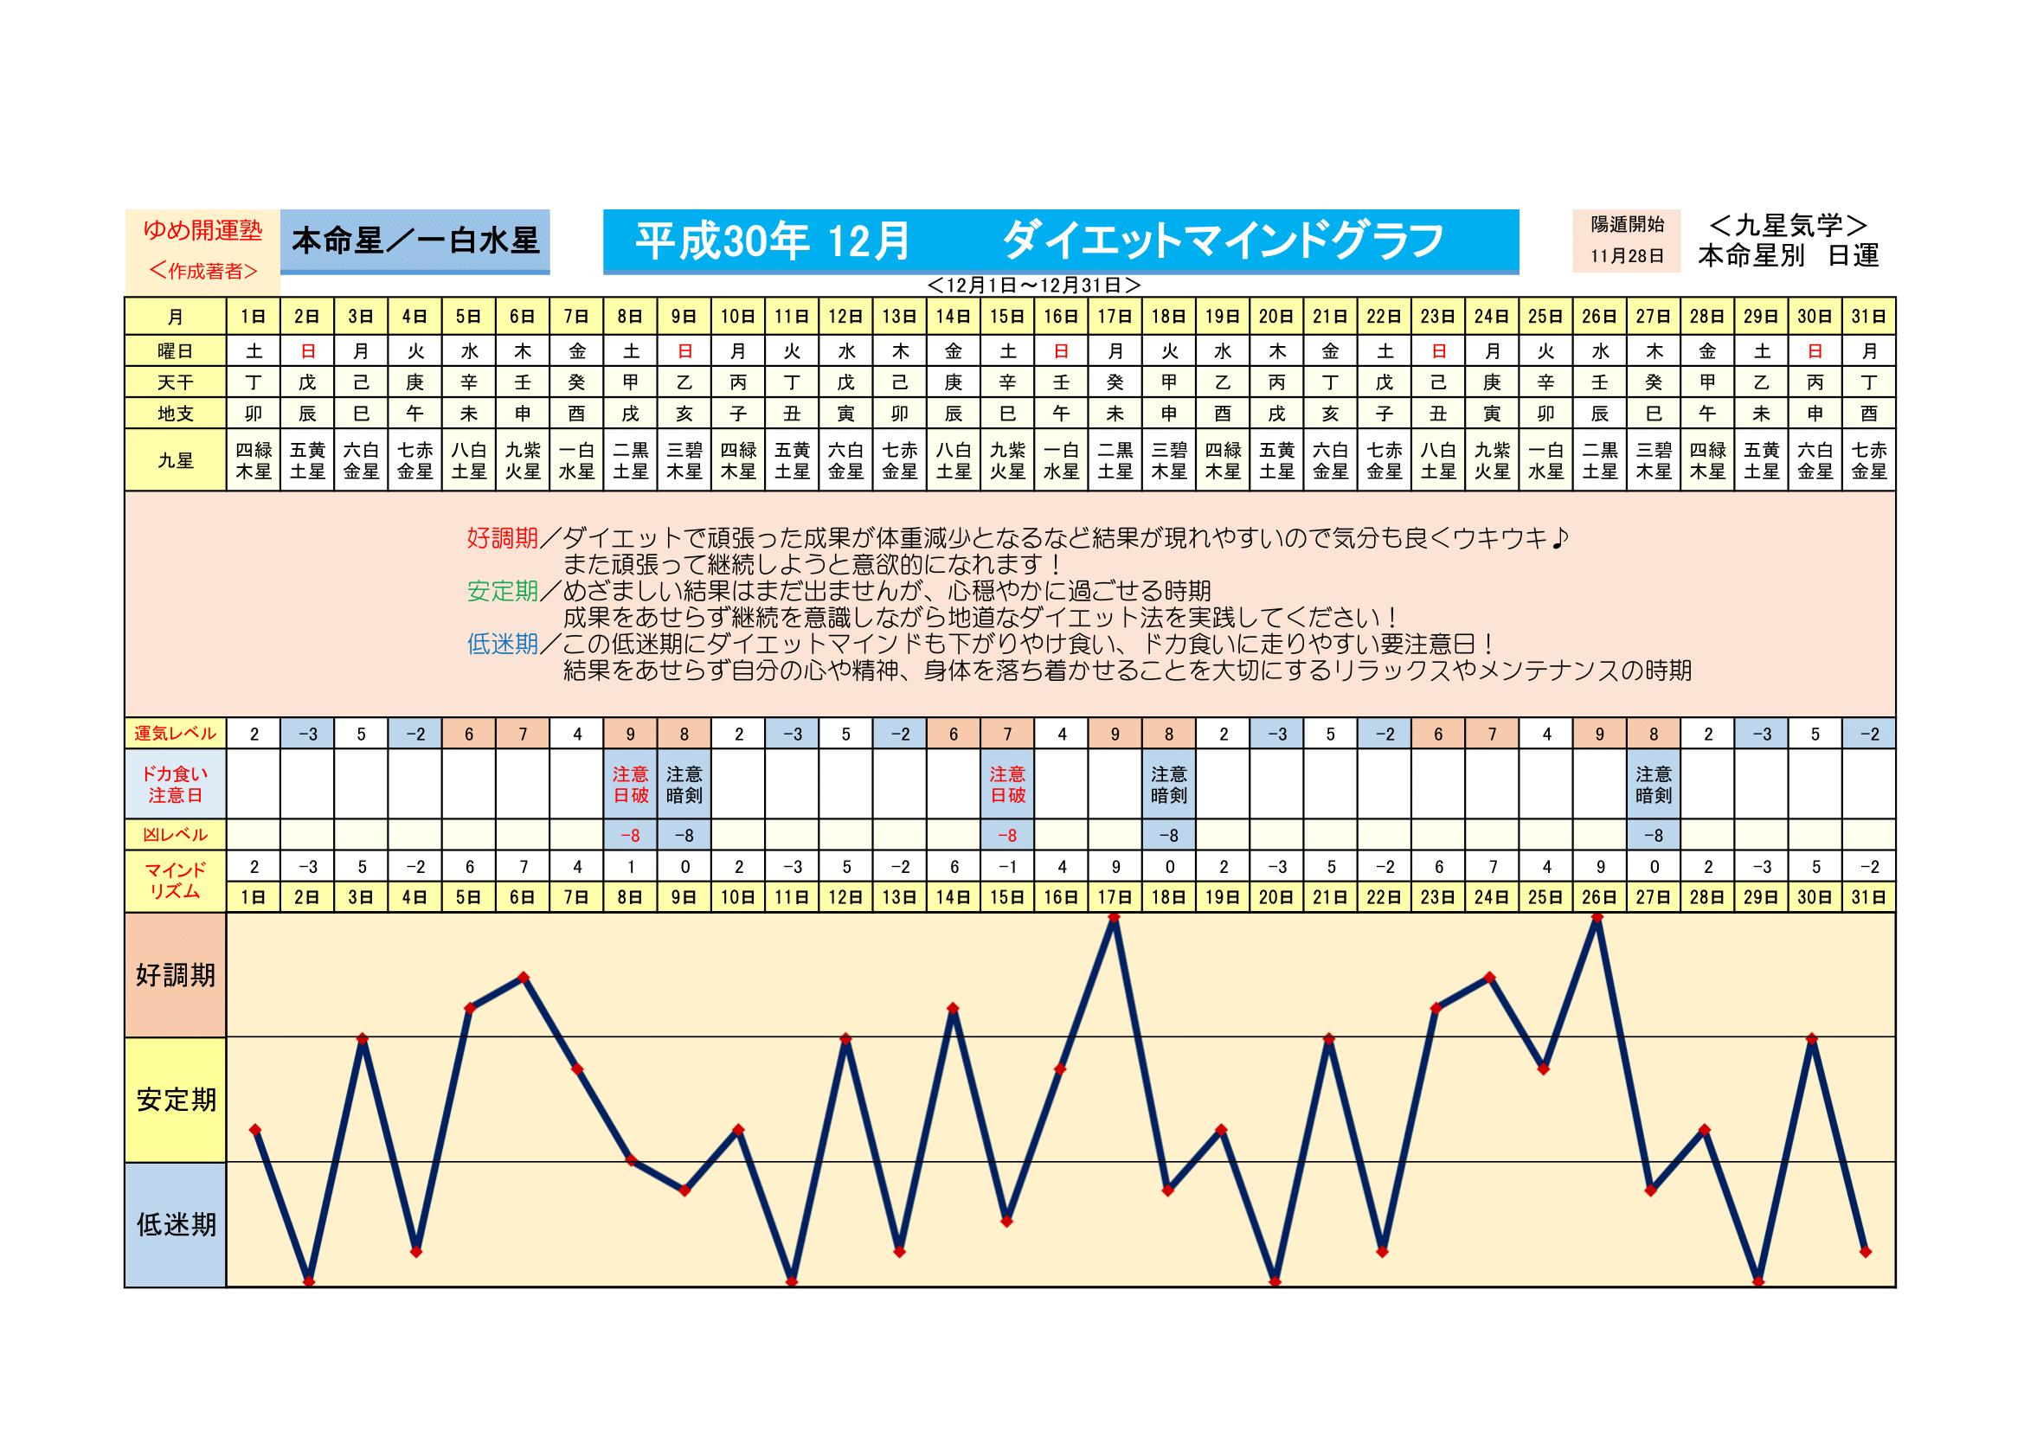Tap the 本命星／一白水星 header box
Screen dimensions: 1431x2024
[x=414, y=241]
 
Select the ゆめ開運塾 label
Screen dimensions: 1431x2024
[x=202, y=230]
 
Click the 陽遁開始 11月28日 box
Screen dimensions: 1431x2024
[x=1627, y=240]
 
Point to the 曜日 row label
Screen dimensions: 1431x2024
[x=176, y=350]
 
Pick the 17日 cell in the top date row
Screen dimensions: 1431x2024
[x=1115, y=317]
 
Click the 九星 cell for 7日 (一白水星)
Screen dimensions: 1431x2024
[x=576, y=460]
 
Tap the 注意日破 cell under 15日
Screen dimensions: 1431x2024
[x=1007, y=784]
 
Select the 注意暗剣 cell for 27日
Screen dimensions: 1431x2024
[x=1654, y=784]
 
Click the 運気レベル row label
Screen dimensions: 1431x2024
[x=176, y=733]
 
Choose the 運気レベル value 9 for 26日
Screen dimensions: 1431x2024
[x=1600, y=734]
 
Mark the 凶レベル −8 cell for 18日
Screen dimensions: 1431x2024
[x=1169, y=834]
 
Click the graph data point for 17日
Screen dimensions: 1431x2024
[x=1115, y=918]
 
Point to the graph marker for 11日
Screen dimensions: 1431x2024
[x=792, y=1281]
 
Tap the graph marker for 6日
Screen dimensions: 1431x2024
[x=524, y=977]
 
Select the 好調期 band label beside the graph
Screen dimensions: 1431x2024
[x=176, y=975]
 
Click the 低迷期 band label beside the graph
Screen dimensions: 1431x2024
[x=176, y=1225]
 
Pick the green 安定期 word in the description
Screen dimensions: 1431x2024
[x=503, y=590]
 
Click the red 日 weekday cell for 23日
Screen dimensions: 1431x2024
[x=1439, y=350]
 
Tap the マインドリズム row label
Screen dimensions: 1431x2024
[x=176, y=880]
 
